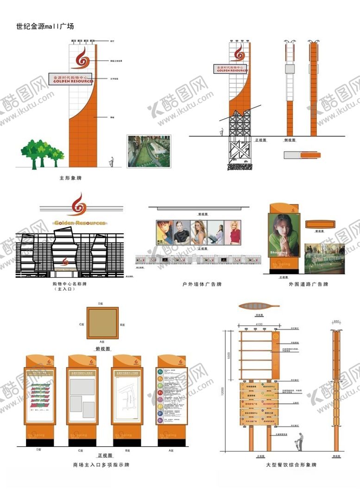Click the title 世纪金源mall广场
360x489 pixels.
click(x=44, y=26)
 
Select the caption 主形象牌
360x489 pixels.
click(x=70, y=178)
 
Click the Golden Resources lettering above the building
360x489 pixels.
click(x=79, y=223)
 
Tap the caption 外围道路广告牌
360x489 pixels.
click(x=308, y=284)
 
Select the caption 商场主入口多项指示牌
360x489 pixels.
click(x=101, y=464)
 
